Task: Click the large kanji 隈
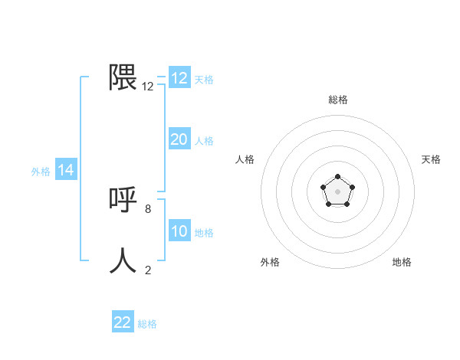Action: pyautogui.click(x=123, y=77)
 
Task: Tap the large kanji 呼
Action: pyautogui.click(x=123, y=200)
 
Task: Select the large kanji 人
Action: pyautogui.click(x=123, y=260)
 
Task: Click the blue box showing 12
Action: pyautogui.click(x=179, y=78)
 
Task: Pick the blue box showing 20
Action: pyautogui.click(x=179, y=139)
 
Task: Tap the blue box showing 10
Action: pyautogui.click(x=179, y=231)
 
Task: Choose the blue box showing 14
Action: pyautogui.click(x=66, y=170)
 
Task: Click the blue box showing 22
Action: pyautogui.click(x=123, y=322)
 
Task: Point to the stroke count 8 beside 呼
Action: pyautogui.click(x=148, y=208)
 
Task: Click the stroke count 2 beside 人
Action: pyautogui.click(x=148, y=270)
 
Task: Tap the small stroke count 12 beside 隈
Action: pyautogui.click(x=148, y=87)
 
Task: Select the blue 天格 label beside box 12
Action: pyautogui.click(x=204, y=79)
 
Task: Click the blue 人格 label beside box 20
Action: pyautogui.click(x=204, y=141)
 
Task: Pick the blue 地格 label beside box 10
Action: pyautogui.click(x=204, y=233)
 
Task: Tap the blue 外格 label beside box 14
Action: pyautogui.click(x=41, y=172)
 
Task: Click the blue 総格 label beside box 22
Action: pyautogui.click(x=147, y=324)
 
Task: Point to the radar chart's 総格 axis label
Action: pyautogui.click(x=338, y=100)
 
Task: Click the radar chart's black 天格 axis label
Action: pyautogui.click(x=432, y=159)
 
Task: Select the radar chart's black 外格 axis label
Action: pyautogui.click(x=270, y=262)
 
